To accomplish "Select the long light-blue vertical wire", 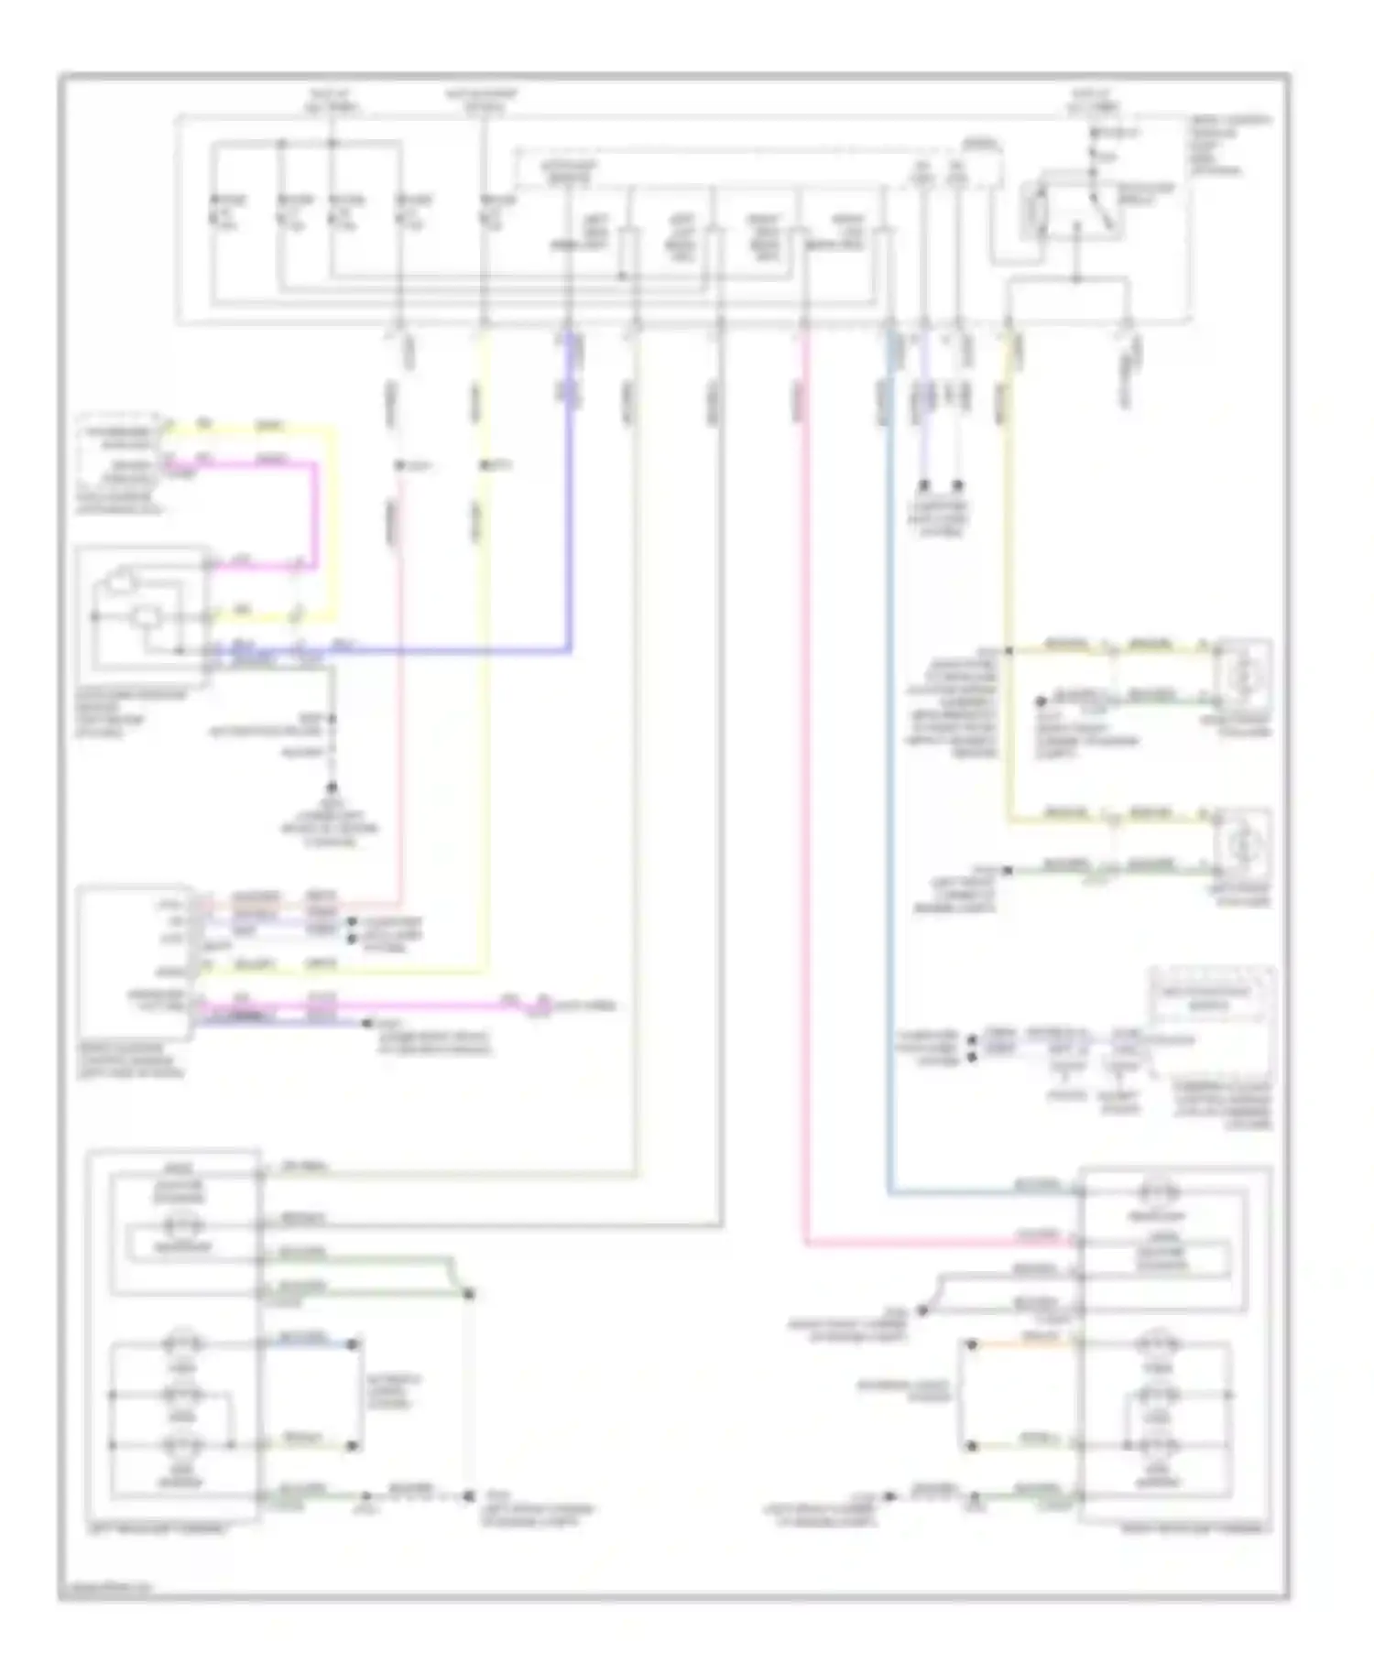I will click(889, 788).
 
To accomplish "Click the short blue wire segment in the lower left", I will click(307, 1343).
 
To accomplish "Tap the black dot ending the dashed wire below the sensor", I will click(332, 788).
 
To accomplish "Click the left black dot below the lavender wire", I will click(923, 484).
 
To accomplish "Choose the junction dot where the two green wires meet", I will click(469, 1294).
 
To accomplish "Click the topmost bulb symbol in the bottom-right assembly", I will click(1157, 1192).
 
